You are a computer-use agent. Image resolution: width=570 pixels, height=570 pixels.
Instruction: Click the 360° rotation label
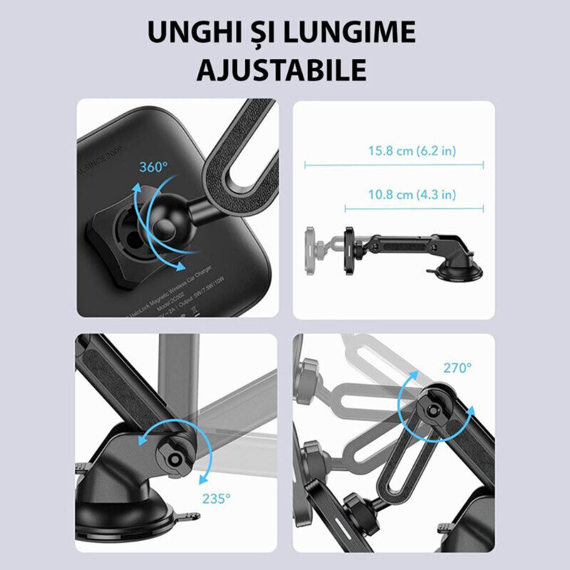153,167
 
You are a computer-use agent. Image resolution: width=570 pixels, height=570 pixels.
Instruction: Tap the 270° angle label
457,368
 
